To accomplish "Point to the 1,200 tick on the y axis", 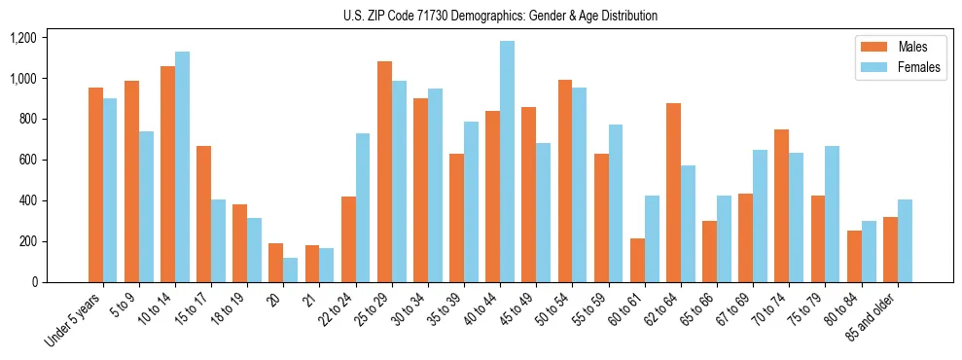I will click(22, 38).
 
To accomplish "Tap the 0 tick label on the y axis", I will click(34, 282).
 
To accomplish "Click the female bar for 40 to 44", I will click(507, 162).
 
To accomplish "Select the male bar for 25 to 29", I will click(384, 172).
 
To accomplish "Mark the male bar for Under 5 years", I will click(95, 185).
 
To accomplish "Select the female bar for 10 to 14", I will click(182, 166).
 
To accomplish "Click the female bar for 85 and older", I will click(904, 240).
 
